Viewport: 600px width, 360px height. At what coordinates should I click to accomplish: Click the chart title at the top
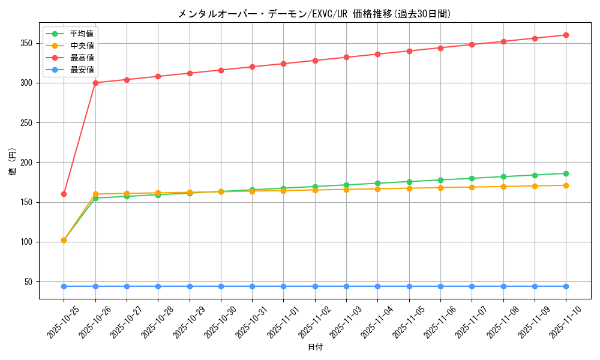pos(314,14)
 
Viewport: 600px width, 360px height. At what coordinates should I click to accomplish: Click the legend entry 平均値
pos(82,34)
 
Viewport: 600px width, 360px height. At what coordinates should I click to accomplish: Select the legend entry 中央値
pos(82,46)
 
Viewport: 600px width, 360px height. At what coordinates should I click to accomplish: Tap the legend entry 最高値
pos(82,58)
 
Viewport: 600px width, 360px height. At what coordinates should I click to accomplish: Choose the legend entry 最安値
pos(82,70)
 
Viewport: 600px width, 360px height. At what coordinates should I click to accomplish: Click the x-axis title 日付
pos(315,347)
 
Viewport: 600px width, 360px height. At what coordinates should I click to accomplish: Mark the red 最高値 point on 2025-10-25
pos(64,194)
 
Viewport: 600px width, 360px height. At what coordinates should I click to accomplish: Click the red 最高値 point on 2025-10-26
pos(95,83)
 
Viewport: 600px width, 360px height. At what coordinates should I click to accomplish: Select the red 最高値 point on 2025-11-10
pos(566,35)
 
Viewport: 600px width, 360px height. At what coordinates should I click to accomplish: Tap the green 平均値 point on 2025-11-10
pos(566,173)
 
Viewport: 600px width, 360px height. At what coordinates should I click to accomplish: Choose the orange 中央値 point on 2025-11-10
pos(566,185)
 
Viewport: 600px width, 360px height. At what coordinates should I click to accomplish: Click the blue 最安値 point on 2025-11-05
pos(409,286)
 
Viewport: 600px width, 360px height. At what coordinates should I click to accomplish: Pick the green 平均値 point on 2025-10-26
pos(95,198)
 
